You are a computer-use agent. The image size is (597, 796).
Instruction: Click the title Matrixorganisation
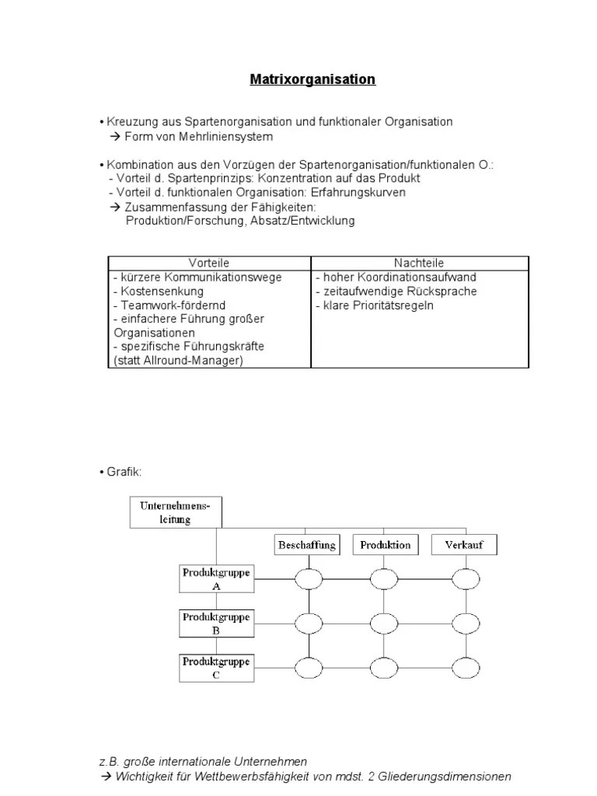click(312, 79)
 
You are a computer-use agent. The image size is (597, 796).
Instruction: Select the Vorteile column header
click(209, 264)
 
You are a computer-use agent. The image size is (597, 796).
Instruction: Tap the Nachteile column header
click(419, 264)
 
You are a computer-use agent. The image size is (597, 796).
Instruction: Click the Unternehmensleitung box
click(175, 512)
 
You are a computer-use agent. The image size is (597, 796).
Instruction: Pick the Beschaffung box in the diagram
click(307, 545)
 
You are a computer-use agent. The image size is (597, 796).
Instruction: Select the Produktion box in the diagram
click(385, 545)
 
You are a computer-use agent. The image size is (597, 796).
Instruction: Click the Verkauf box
click(464, 545)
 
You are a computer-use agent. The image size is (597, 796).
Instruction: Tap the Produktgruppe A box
click(216, 579)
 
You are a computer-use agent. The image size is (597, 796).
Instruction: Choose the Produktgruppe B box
click(216, 623)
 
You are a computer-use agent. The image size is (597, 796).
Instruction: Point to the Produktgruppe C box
click(216, 668)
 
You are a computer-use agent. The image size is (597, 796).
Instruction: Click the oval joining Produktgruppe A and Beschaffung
click(309, 579)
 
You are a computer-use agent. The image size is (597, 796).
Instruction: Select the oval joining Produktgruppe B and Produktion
click(384, 623)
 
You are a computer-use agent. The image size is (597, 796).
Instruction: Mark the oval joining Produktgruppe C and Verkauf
click(466, 668)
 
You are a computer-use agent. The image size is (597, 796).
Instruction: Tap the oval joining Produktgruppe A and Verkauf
click(466, 579)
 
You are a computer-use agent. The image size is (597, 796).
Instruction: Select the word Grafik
click(124, 472)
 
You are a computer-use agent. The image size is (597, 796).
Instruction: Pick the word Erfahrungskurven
click(358, 192)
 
